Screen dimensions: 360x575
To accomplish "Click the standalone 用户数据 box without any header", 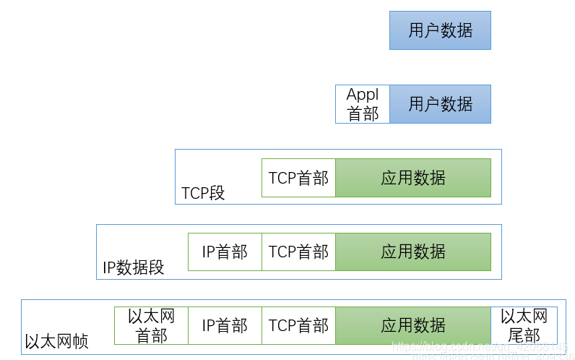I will click(x=440, y=30).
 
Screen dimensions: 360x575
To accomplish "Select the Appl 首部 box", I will click(x=363, y=104).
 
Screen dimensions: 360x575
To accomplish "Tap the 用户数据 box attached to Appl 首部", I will click(x=440, y=104).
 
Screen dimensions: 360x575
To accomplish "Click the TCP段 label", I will click(x=203, y=193).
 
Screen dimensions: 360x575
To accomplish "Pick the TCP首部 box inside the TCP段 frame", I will click(x=298, y=178).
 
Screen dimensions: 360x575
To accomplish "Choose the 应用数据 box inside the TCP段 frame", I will click(x=413, y=178).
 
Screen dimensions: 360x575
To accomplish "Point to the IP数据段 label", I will click(x=134, y=267).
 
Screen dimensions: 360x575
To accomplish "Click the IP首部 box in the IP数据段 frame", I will click(x=225, y=252).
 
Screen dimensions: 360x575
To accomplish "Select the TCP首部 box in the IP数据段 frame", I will click(x=298, y=252).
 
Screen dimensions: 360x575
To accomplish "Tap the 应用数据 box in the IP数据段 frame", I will click(x=413, y=252).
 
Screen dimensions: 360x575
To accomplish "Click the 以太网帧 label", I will click(x=56, y=341).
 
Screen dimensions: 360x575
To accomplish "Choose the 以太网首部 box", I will click(x=151, y=325).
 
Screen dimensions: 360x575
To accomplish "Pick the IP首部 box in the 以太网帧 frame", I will click(x=225, y=325).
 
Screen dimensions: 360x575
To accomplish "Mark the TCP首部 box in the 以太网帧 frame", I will click(x=298, y=325).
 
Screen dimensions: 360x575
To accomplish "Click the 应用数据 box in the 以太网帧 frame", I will click(x=413, y=325).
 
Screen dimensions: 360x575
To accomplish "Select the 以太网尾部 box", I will click(x=524, y=325).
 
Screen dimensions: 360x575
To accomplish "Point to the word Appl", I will click(x=363, y=95).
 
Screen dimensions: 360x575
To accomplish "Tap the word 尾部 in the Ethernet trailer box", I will click(x=524, y=335).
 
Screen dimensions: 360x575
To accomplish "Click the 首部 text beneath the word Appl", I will click(x=363, y=113).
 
